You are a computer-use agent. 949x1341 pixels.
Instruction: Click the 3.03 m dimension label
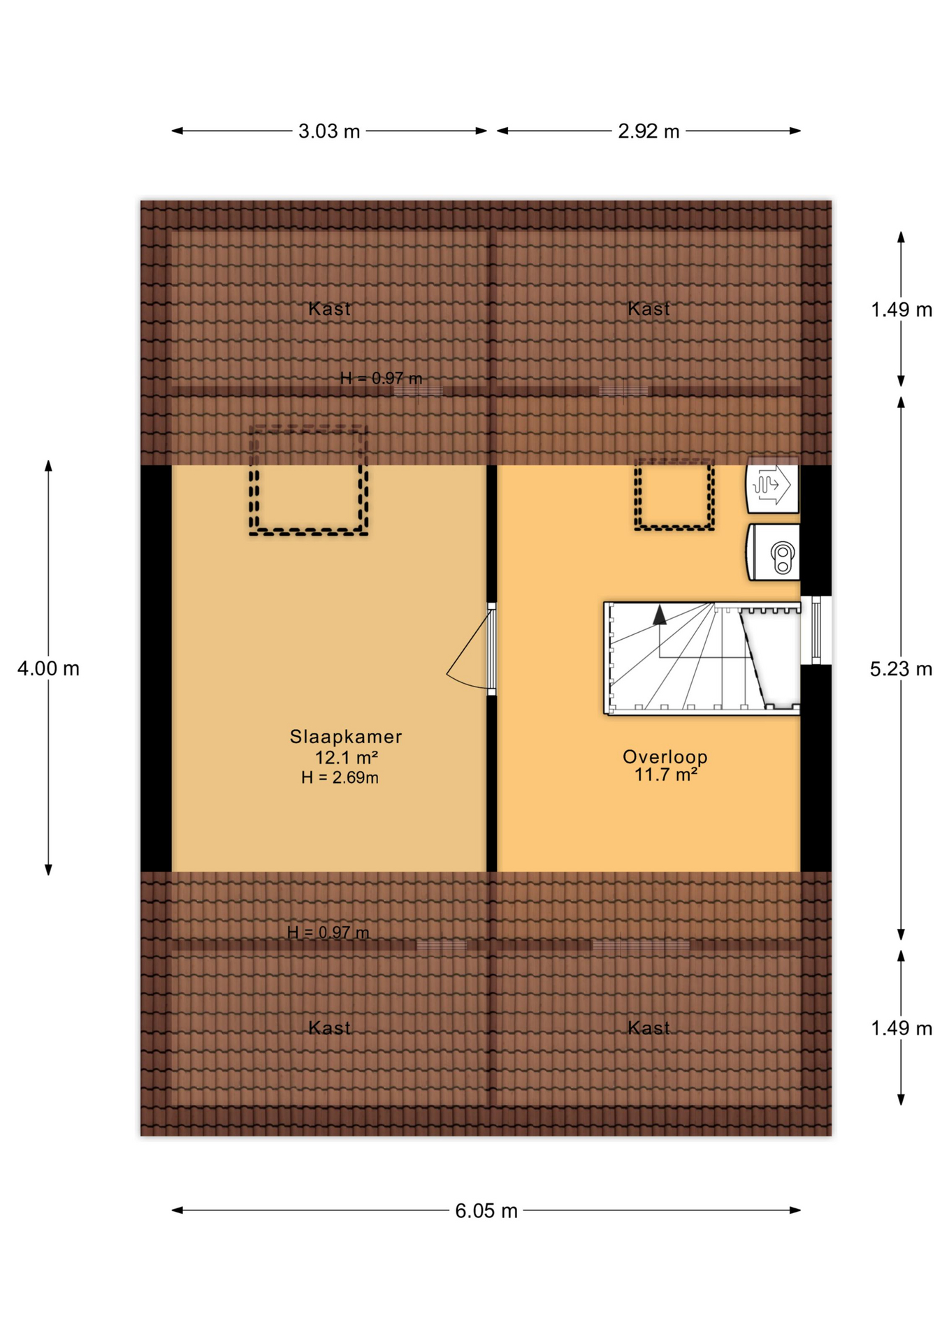click(328, 131)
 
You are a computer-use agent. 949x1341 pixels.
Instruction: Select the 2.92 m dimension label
click(648, 131)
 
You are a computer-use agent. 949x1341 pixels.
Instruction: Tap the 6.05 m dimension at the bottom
click(486, 1210)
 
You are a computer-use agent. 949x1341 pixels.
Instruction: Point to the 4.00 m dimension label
click(48, 668)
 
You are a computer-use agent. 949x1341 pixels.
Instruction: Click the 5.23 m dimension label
click(901, 669)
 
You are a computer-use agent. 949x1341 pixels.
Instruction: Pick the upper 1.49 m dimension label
click(901, 309)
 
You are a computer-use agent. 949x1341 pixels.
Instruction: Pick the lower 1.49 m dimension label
click(901, 1028)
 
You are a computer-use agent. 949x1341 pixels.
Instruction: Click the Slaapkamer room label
click(346, 736)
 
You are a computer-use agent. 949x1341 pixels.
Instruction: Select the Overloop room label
click(665, 756)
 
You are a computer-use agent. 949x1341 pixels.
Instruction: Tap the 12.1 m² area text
click(346, 757)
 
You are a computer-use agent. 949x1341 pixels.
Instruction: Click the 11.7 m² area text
click(665, 774)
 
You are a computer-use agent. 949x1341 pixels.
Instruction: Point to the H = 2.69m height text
click(340, 777)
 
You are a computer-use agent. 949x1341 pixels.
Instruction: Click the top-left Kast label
click(329, 308)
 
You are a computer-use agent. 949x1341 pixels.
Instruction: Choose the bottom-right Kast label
click(649, 1027)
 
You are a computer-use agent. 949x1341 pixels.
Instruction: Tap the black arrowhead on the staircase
click(659, 615)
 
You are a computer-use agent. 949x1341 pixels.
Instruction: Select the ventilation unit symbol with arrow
click(771, 485)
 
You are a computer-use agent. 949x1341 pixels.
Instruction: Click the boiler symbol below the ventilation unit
click(774, 552)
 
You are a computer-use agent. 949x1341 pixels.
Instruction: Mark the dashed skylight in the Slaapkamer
click(308, 481)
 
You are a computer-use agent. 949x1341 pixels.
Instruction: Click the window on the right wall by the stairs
click(816, 630)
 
